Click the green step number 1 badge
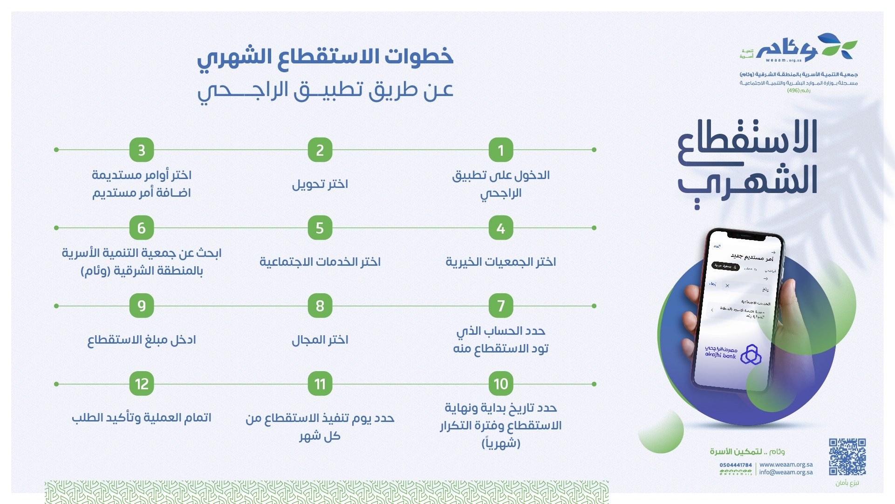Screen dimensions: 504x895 [501, 150]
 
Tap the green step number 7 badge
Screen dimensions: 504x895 [501, 306]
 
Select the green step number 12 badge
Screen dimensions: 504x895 [142, 384]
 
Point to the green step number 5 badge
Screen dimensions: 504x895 [320, 228]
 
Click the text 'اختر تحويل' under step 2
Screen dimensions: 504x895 [320, 184]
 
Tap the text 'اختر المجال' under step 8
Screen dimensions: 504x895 [320, 339]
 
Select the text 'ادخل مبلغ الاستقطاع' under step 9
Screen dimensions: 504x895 [142, 339]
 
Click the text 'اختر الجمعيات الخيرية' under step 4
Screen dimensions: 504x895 [501, 262]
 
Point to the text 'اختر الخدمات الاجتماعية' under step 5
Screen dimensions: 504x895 [320, 262]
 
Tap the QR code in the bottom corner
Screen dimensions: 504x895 [847, 456]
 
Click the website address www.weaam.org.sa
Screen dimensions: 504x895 [786, 464]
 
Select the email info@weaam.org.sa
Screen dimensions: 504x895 [786, 472]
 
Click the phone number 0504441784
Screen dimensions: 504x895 [736, 465]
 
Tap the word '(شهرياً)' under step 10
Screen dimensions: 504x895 [501, 443]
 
